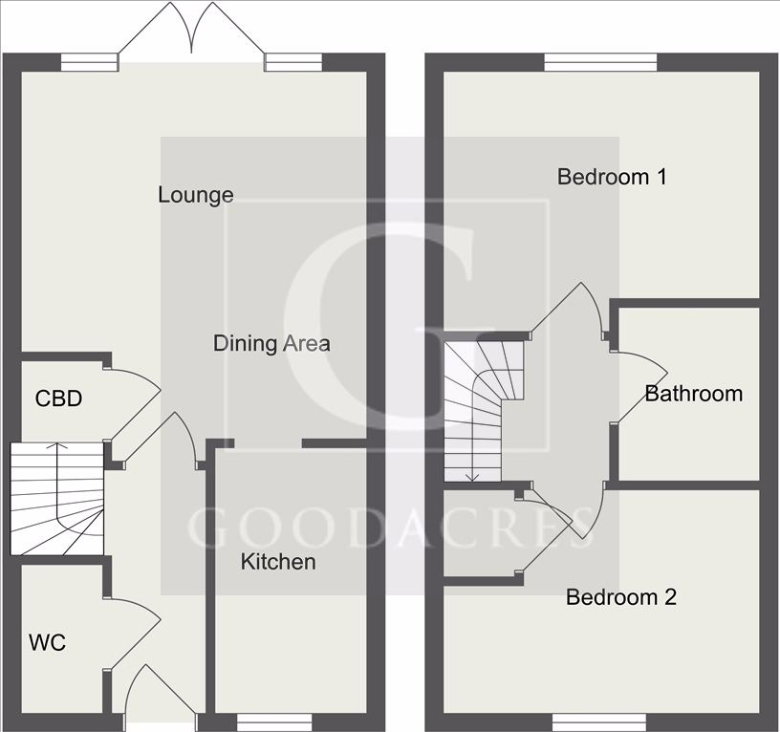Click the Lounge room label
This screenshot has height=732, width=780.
(x=195, y=195)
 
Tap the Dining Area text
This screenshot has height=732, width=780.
(x=271, y=343)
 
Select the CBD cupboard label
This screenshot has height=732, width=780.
(x=58, y=398)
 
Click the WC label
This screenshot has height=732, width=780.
(x=47, y=643)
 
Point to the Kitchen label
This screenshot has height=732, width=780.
(x=277, y=562)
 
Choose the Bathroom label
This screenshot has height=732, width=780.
(x=693, y=394)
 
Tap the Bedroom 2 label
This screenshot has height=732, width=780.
(x=621, y=598)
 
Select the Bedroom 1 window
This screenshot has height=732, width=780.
(x=601, y=62)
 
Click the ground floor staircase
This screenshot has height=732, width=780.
(x=56, y=498)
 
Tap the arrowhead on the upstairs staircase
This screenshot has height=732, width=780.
(x=470, y=476)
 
